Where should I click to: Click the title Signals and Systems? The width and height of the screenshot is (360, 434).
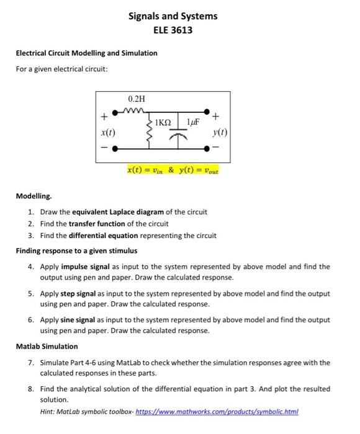click(173, 16)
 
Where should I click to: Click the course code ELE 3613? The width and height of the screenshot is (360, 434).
click(173, 29)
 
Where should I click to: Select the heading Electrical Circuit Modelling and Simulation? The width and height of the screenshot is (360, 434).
click(86, 53)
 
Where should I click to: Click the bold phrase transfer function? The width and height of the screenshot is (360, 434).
click(94, 223)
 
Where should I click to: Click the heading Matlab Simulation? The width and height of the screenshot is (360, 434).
click(47, 346)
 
